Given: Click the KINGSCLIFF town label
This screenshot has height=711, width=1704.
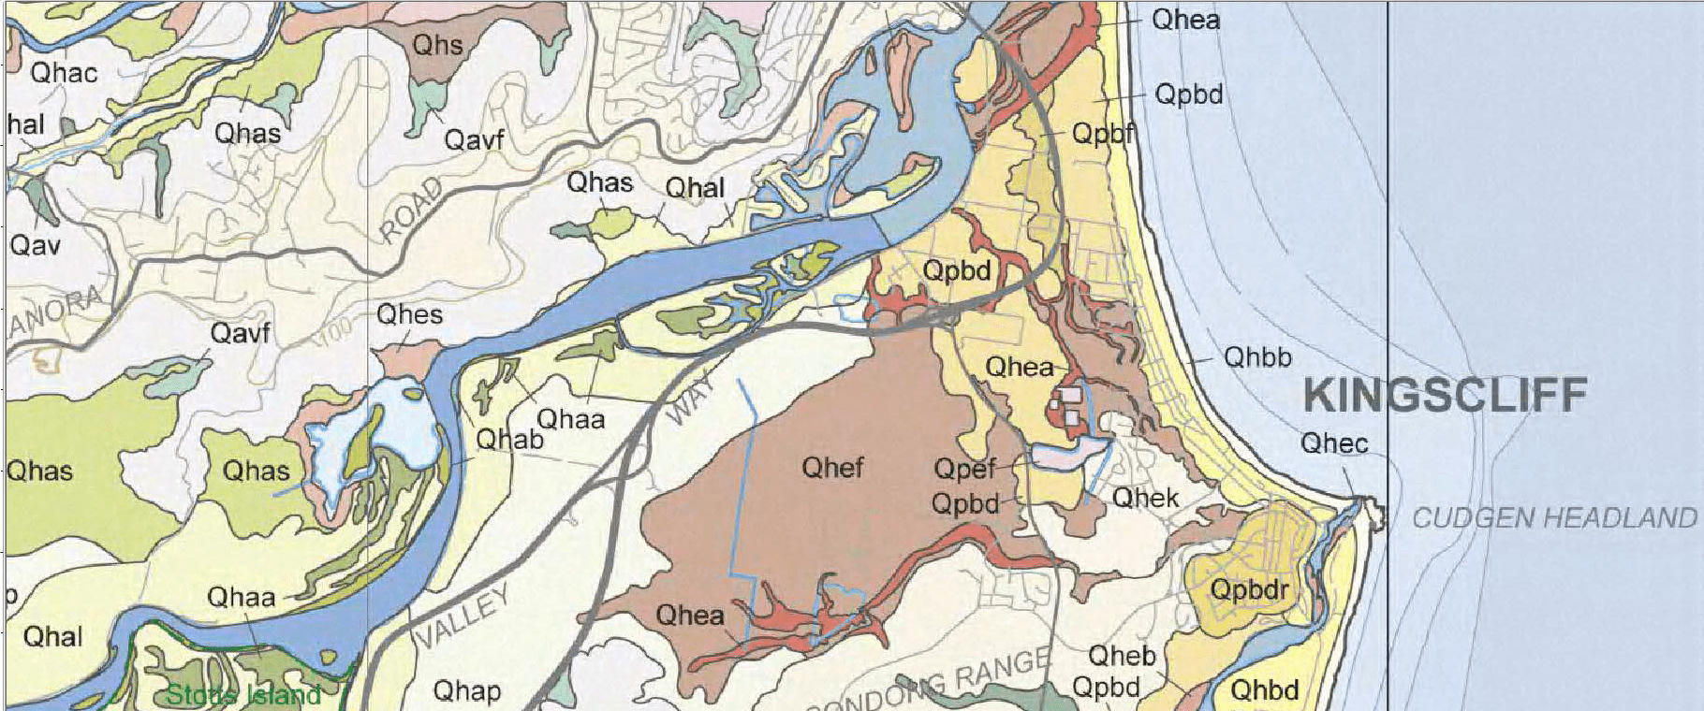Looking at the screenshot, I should pos(1445,396).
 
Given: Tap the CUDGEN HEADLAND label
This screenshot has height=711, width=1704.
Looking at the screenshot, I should pos(1553,517).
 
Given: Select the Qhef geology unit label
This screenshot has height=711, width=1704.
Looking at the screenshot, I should pos(832,467).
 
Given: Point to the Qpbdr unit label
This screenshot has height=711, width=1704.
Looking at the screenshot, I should pos(1249,590).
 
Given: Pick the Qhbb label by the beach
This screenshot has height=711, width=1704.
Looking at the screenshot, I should pos(1257,357).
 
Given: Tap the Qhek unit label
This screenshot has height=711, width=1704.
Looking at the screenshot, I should pos(1145,498).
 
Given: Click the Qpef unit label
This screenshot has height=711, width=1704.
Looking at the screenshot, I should pos(964,467).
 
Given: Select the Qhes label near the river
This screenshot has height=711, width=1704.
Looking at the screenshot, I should pos(409,314).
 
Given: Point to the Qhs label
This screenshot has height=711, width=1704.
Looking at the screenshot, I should pos(437,45).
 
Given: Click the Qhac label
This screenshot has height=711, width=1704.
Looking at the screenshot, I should pos(64,73).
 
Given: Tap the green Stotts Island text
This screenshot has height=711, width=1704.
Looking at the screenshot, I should pos(243,695).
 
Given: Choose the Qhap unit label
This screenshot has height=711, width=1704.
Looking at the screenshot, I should pos(466,691).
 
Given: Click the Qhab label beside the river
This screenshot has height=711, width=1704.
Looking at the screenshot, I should pos(509,439).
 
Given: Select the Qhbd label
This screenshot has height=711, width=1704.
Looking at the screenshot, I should pos(1264,690).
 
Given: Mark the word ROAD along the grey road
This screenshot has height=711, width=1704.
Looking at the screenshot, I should pos(412,211).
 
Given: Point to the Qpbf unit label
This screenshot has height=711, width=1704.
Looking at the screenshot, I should pos(1105,134).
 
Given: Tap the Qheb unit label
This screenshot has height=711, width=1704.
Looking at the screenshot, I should pos(1122,657).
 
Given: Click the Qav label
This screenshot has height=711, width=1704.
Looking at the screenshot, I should pos(35,246).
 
